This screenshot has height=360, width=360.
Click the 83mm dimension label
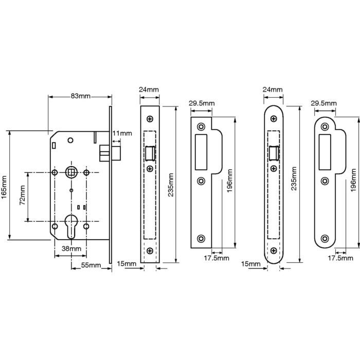point(80,96)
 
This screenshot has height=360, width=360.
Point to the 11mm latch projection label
point(122,134)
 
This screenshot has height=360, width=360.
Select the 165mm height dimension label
point(5,185)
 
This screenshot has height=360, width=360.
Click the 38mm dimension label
point(71,248)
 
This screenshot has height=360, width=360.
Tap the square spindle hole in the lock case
point(70,171)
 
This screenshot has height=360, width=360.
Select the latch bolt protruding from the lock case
point(103,153)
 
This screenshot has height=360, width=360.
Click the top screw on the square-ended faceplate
point(150,119)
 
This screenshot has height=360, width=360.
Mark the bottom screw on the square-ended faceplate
point(150,250)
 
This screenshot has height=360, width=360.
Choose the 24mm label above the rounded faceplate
point(272,89)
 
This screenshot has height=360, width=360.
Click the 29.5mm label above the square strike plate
point(201,103)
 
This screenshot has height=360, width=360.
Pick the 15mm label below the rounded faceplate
point(250,264)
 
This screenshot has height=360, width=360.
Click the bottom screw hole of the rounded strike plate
point(325,238)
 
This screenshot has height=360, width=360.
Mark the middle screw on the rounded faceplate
point(273,168)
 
